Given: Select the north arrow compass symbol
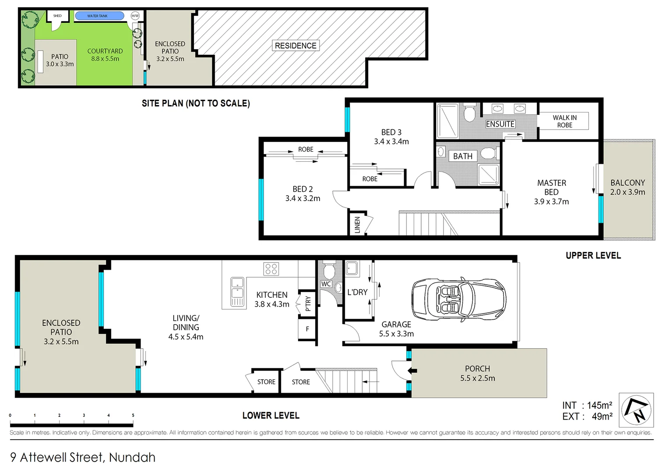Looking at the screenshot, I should point(637,410).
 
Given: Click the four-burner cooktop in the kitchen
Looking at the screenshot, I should point(271,269).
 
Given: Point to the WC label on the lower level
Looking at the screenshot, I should point(326,284).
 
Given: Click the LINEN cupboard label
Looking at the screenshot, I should point(357,225).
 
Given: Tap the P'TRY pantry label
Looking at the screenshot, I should point(308,303).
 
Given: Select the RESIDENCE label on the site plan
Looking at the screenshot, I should point(296,46).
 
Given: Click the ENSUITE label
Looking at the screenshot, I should point(500,124).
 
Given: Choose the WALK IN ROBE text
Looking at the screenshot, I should point(564,121).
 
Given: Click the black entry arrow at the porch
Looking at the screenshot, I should point(412,371).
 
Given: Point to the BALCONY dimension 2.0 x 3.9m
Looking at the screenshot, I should point(627,192).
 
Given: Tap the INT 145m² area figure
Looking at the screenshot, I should point(587,406).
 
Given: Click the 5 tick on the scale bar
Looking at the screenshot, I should point(133,415).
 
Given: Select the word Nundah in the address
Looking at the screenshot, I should point(132,457).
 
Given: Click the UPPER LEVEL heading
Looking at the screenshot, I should point(593,255).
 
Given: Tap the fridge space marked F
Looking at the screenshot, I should point(307,329).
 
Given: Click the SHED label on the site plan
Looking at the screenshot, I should point(57,16).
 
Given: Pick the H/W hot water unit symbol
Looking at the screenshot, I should point(135,16).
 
